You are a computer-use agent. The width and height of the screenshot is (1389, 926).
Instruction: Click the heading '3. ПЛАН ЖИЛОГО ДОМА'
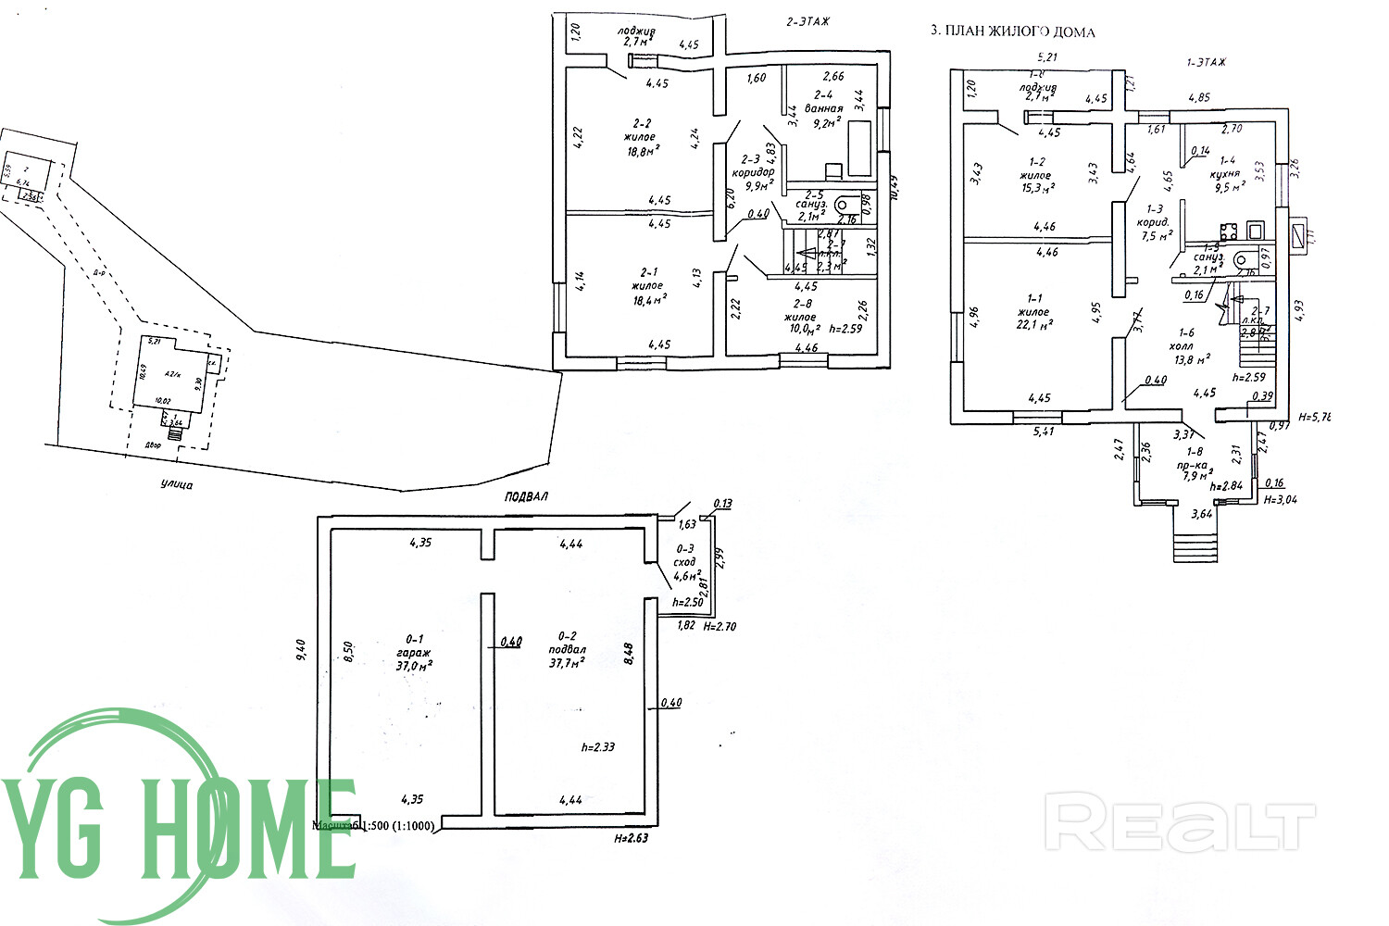click(x=1012, y=31)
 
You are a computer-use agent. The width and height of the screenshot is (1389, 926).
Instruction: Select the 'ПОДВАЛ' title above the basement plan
click(x=526, y=496)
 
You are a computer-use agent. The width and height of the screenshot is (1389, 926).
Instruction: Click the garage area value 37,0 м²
click(x=413, y=665)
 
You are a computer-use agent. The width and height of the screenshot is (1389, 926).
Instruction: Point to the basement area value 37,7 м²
click(x=567, y=663)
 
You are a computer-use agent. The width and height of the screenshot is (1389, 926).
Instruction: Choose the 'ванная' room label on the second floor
click(x=823, y=107)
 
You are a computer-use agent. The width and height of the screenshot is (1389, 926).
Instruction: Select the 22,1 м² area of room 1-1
click(x=1034, y=325)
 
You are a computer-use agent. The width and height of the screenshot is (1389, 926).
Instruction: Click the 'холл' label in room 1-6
click(x=1194, y=345)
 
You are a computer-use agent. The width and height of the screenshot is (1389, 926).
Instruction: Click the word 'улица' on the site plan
click(x=176, y=485)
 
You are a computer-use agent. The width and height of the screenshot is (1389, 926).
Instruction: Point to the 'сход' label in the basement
click(x=684, y=562)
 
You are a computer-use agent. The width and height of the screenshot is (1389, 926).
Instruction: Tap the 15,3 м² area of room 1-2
click(x=1036, y=188)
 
